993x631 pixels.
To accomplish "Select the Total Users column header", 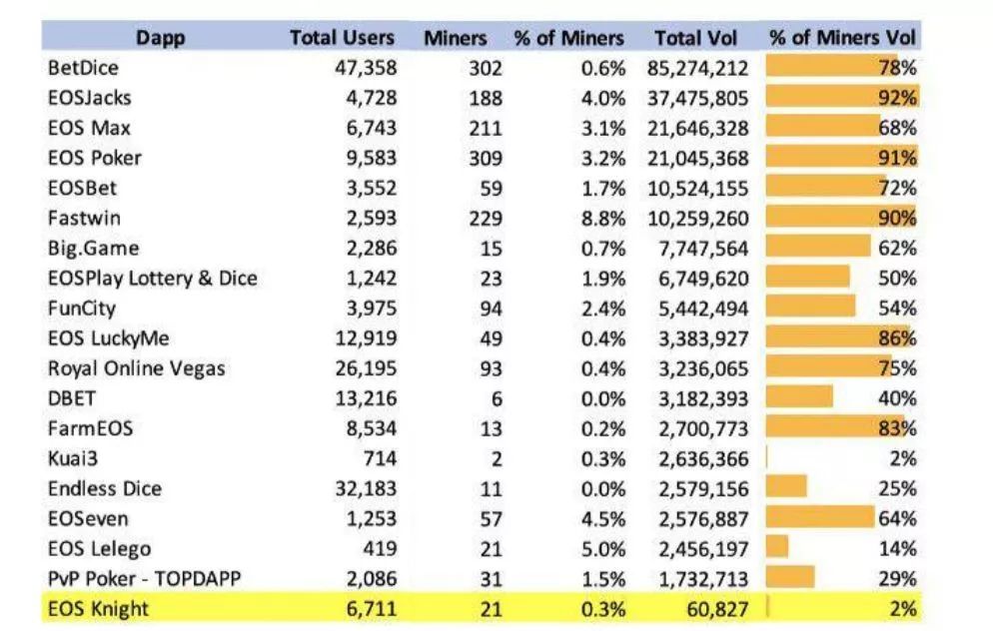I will (x=343, y=38).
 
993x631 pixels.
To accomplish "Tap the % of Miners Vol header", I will (x=843, y=38).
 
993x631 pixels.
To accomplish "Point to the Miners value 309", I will (x=486, y=158).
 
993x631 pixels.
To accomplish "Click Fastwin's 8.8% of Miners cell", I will (x=605, y=218).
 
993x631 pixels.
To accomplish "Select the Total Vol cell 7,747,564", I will (x=703, y=248).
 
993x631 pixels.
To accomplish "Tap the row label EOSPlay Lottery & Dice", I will (x=152, y=278).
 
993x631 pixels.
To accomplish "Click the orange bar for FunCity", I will (x=810, y=308).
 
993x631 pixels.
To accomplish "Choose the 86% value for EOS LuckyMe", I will (x=896, y=337).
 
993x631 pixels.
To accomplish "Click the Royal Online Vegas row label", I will (x=137, y=368).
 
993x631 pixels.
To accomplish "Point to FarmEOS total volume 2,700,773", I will (x=703, y=428).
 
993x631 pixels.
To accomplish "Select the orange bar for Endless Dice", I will (x=786, y=488).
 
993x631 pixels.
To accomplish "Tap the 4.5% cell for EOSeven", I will (x=605, y=518).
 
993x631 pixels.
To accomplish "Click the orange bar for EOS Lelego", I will (x=777, y=548).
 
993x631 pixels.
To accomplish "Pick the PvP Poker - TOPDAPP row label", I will (x=144, y=578).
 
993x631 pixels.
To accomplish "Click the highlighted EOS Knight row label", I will (x=97, y=608).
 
